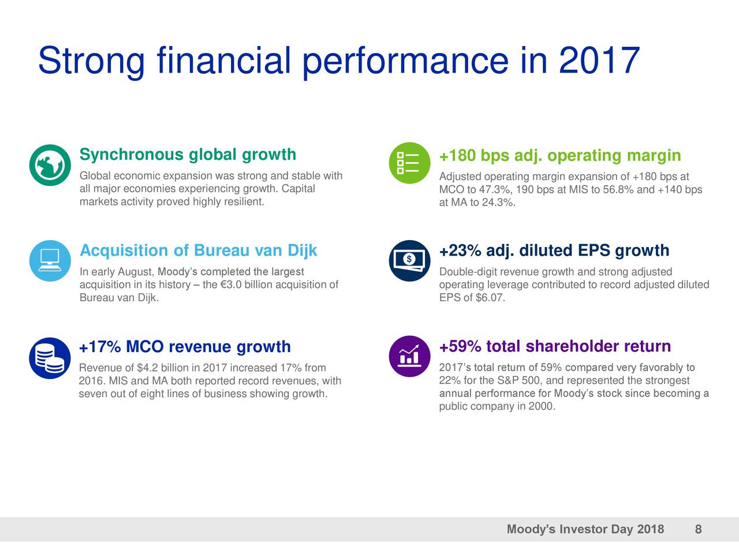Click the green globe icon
pos(50,165)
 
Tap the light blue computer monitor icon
pos(50,260)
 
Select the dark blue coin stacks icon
pos(50,358)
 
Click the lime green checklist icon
pos(409,163)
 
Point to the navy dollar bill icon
pos(409,260)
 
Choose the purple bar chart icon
pos(409,356)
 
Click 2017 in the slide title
pos(599,61)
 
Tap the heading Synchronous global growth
pos(188,155)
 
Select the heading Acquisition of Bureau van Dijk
pos(198,250)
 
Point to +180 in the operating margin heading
pos(457,156)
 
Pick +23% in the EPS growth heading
pos(460,251)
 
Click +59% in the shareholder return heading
pos(460,346)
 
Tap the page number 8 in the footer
pos(698,530)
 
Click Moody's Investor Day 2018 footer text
pos(585,530)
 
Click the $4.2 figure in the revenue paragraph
pos(148,368)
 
